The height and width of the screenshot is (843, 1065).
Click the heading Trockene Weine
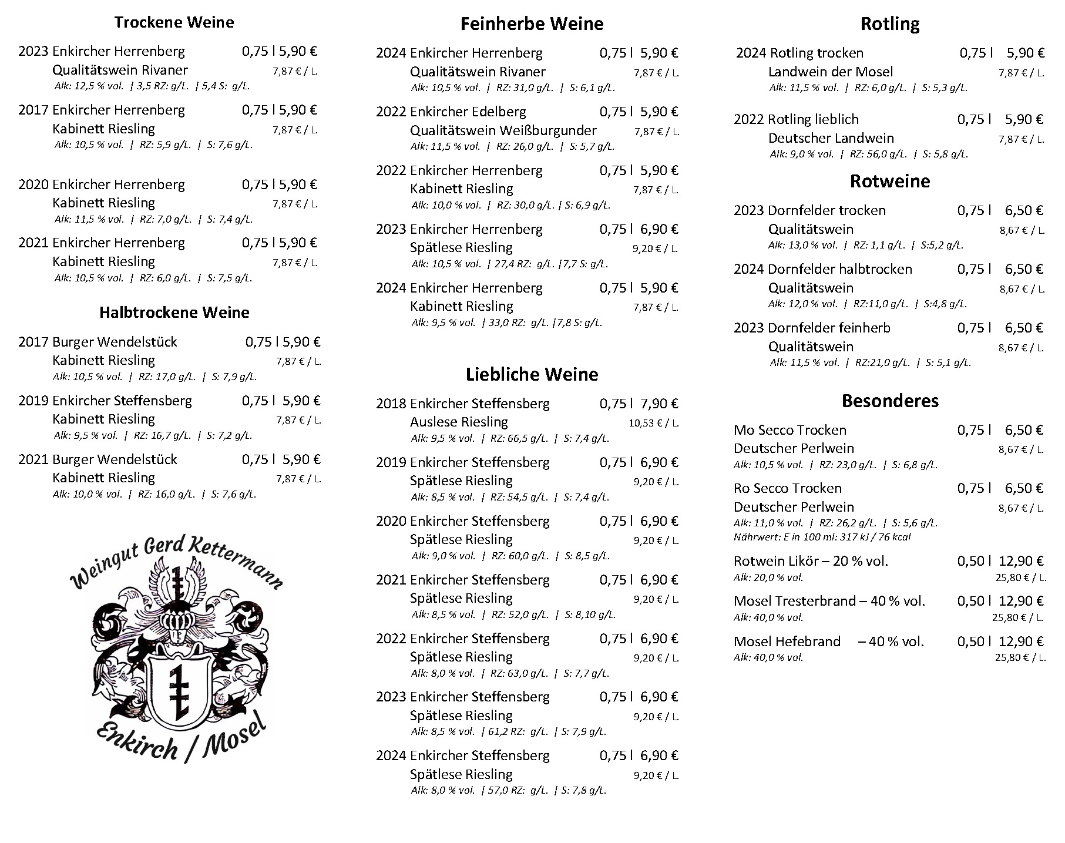pos(174,22)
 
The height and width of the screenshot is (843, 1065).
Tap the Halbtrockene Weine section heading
pos(174,312)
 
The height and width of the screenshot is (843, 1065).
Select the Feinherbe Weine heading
pos(532,23)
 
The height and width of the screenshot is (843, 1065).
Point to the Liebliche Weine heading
pos(532,374)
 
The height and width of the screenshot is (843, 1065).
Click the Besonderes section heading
pos(890,401)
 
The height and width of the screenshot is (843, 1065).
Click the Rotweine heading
pos(890,181)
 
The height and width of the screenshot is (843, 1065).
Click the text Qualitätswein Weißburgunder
pos(503,130)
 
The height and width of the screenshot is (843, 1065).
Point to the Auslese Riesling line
pos(459,422)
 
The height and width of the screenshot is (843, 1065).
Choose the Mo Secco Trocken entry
pos(790,430)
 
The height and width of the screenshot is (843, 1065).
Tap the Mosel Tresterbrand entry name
pos(829,601)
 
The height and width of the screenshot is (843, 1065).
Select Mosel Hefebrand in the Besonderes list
pos(787,642)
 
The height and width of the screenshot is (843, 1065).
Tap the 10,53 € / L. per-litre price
pos(653,423)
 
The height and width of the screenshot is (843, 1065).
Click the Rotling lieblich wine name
pos(813,119)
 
